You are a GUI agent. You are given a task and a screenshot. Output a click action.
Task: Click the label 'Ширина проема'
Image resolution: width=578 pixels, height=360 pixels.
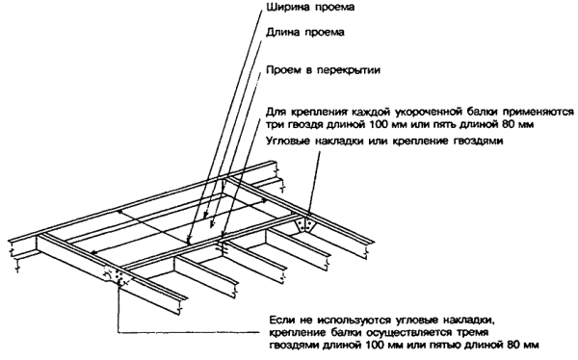(x=310, y=7)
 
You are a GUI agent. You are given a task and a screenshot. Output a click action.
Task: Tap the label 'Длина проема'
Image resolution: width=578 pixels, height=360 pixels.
(x=305, y=33)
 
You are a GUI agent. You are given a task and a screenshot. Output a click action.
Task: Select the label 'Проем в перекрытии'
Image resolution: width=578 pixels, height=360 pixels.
(x=323, y=70)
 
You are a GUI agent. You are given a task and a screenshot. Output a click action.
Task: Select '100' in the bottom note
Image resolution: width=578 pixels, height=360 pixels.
(x=376, y=345)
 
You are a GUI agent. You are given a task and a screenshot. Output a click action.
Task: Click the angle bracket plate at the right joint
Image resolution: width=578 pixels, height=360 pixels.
(x=304, y=224)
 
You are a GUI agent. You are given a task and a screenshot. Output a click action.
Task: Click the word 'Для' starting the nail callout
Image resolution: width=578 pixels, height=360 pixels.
(x=274, y=112)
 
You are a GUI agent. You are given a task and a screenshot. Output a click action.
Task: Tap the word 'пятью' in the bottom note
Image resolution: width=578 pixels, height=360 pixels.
(x=451, y=345)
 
